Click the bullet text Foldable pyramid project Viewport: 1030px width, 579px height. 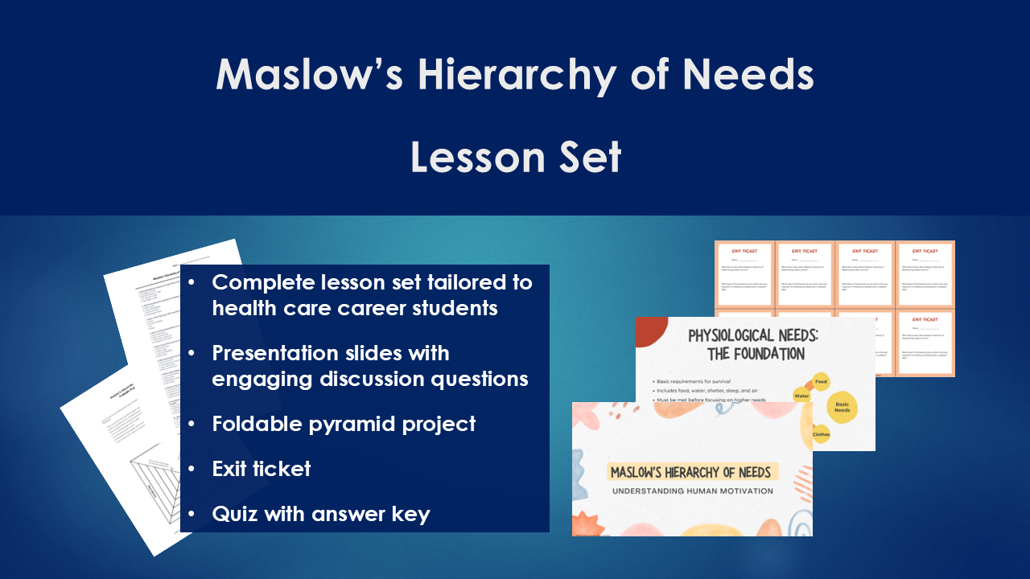pos(344,424)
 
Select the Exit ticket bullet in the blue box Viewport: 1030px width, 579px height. pos(261,469)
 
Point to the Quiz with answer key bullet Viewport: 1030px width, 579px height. pos(320,514)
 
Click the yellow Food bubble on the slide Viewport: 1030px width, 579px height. pos(821,382)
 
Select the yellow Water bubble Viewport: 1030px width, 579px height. pos(801,396)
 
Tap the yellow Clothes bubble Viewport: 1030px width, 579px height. pos(821,434)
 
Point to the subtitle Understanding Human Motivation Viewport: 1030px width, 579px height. pos(692,491)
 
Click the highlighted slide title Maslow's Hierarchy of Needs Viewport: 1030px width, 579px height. pos(690,472)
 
